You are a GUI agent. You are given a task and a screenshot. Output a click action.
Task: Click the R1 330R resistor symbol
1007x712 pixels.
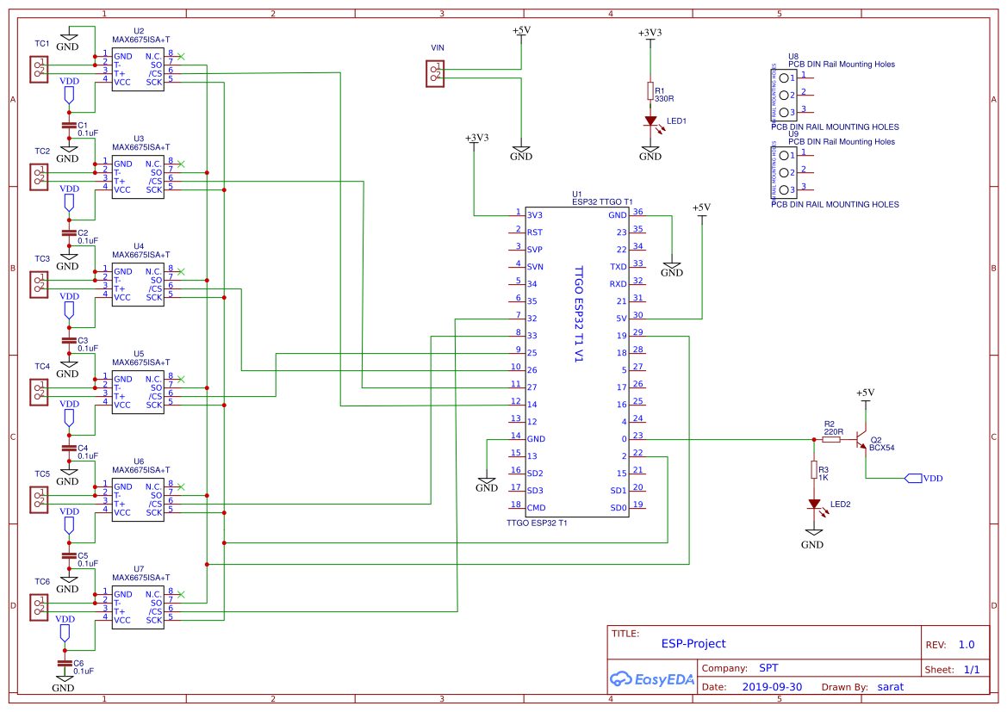pyautogui.click(x=650, y=90)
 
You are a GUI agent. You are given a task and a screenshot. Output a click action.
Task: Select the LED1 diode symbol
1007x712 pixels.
pyautogui.click(x=650, y=121)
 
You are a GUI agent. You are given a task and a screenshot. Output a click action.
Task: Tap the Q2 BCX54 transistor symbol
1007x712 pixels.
pyautogui.click(x=861, y=441)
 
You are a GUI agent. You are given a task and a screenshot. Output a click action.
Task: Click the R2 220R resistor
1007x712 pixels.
pyautogui.click(x=830, y=439)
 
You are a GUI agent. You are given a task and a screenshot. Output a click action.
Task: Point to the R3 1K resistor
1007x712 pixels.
pyautogui.click(x=813, y=469)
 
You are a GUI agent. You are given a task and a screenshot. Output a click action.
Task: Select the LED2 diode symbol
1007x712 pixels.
pyautogui.click(x=813, y=505)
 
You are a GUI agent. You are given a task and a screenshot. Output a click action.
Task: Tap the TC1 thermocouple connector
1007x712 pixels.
pyautogui.click(x=38, y=69)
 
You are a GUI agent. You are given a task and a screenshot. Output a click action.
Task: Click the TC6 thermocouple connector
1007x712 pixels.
pyautogui.click(x=38, y=607)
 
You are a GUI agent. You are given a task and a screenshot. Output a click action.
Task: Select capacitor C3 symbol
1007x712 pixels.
pyautogui.click(x=69, y=341)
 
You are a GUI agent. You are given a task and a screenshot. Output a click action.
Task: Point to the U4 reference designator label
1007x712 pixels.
pyautogui.click(x=139, y=245)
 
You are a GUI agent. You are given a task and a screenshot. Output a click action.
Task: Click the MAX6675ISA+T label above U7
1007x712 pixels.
pyautogui.click(x=141, y=578)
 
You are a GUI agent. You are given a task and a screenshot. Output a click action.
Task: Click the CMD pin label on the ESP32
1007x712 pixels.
pyautogui.click(x=535, y=508)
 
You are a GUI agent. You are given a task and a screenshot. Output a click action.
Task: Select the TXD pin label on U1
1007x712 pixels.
pyautogui.click(x=618, y=267)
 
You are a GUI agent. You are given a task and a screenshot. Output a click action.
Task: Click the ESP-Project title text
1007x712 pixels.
pyautogui.click(x=693, y=643)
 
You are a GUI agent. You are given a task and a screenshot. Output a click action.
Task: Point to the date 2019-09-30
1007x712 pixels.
pyautogui.click(x=771, y=687)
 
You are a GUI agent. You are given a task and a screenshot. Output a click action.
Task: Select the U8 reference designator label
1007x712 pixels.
pyautogui.click(x=793, y=56)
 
